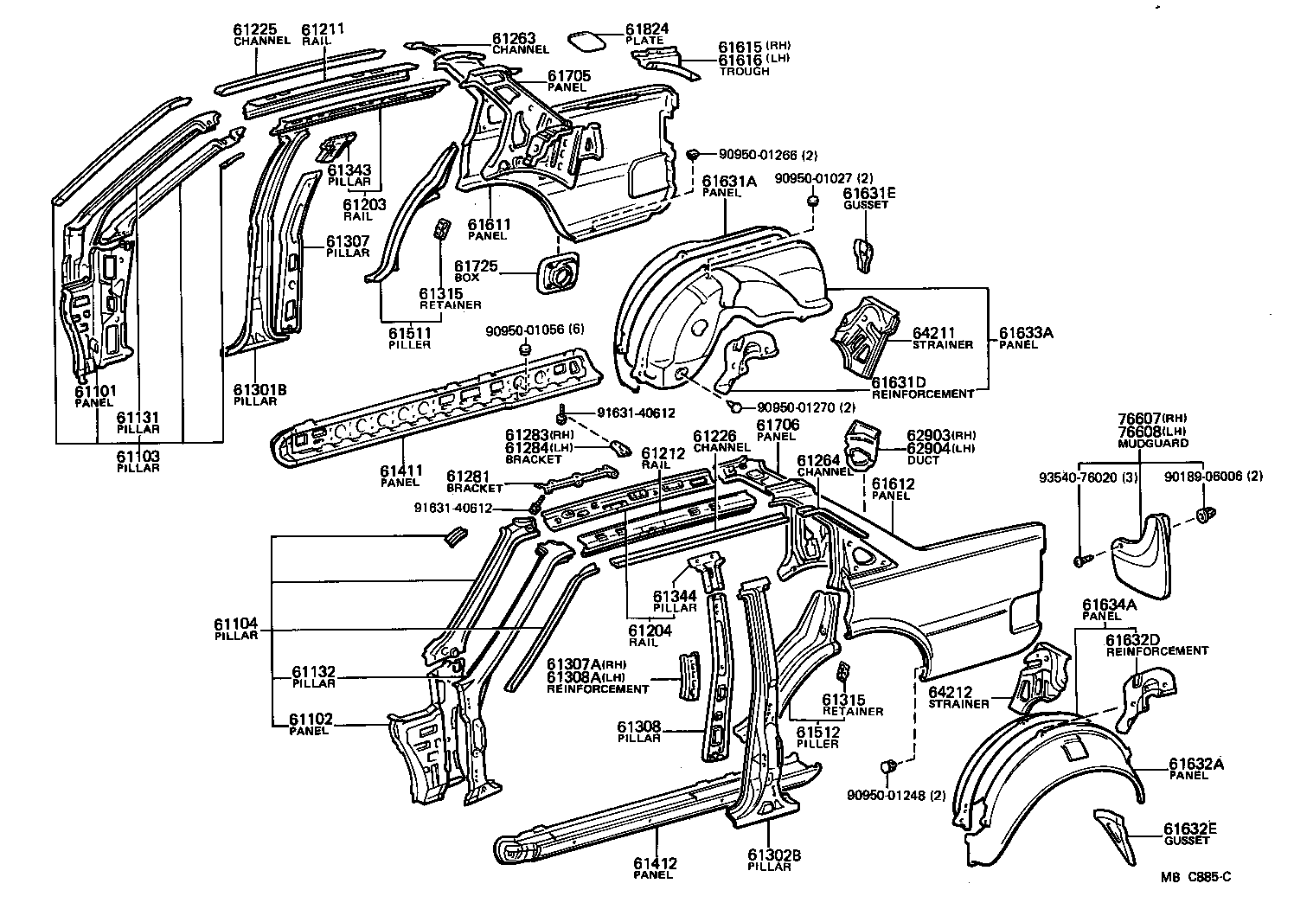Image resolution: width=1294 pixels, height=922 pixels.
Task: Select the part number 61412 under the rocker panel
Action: (x=654, y=862)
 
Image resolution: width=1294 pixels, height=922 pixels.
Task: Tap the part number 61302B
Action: (x=773, y=855)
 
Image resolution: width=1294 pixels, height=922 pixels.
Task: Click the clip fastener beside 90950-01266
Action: (x=693, y=154)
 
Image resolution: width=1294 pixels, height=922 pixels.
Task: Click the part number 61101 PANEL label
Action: (x=94, y=391)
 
